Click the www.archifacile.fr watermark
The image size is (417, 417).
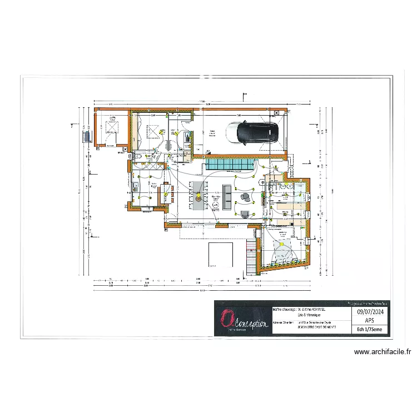pyautogui.click(x=383, y=351)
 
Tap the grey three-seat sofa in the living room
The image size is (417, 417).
pyautogui.click(x=226, y=196)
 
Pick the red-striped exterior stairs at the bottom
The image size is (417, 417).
pyautogui.click(x=252, y=255)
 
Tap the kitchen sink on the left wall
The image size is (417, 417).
pyautogui.click(x=135, y=187)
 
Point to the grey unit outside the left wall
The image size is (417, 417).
pyautogui.click(x=86, y=136)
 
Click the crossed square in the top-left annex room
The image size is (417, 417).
pyautogui.click(x=113, y=127)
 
